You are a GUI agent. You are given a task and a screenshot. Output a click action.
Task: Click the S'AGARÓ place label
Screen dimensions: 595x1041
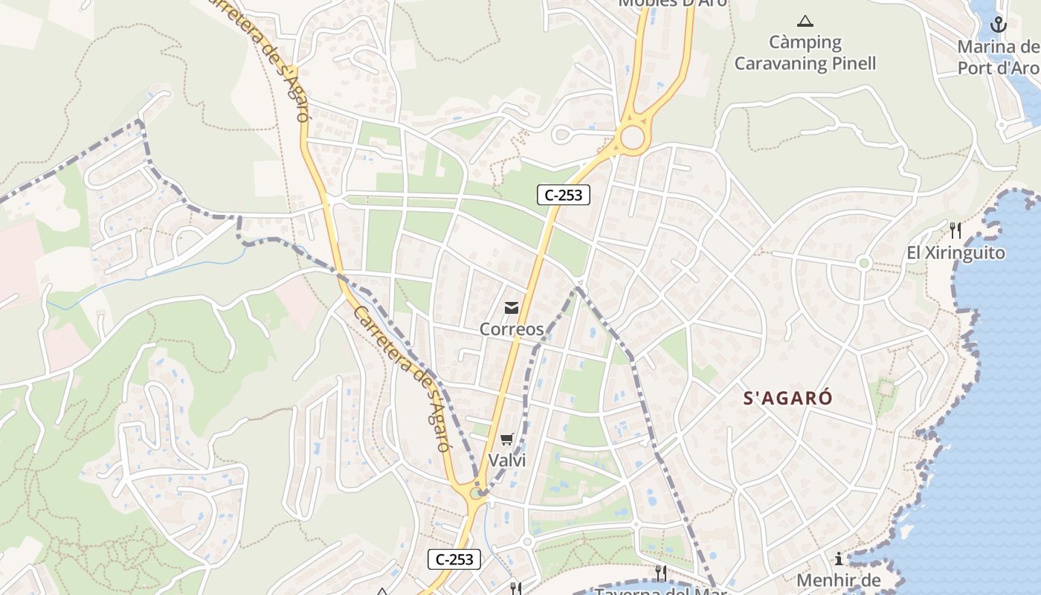pos(788,398)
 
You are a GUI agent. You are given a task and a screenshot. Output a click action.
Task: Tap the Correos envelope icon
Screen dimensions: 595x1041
pos(512,307)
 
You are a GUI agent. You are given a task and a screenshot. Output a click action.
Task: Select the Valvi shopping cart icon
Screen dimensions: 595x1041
pos(507,439)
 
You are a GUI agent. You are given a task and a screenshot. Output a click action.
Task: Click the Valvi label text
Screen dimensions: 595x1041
pos(507,460)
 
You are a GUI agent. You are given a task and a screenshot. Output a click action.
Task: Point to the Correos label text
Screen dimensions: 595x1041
pos(512,329)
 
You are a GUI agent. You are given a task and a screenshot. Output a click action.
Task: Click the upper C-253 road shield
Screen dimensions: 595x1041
pos(564,195)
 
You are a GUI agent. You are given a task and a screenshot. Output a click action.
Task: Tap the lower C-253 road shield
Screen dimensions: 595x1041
pos(454,559)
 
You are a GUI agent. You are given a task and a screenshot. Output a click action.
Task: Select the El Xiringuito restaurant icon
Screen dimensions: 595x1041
pos(955,231)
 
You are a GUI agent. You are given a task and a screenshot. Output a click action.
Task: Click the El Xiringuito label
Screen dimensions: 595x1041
pos(955,253)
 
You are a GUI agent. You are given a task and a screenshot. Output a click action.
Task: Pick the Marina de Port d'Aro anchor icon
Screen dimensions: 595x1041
pos(998,25)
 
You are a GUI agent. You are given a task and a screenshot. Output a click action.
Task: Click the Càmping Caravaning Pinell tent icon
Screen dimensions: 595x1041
pos(805,21)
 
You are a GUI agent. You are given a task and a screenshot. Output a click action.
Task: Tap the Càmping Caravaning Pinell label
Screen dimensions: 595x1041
pos(805,53)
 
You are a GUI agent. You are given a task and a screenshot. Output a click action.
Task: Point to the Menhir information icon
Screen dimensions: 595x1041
pos(839,559)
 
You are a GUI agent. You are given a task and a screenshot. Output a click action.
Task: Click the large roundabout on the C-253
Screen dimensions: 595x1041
pos(632,137)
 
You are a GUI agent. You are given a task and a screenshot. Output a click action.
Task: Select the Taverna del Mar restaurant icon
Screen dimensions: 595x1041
pos(660,572)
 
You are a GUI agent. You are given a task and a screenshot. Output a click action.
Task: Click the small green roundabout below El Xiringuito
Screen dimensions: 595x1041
pos(863,263)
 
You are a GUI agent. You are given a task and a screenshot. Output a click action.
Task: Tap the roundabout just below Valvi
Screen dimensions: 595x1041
pos(476,492)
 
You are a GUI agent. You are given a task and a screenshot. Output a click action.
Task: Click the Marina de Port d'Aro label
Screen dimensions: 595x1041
pos(998,57)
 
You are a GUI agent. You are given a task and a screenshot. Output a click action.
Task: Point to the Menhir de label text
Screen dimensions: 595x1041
pos(838,580)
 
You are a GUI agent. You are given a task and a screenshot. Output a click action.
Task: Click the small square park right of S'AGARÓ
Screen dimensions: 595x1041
pos(885,387)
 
